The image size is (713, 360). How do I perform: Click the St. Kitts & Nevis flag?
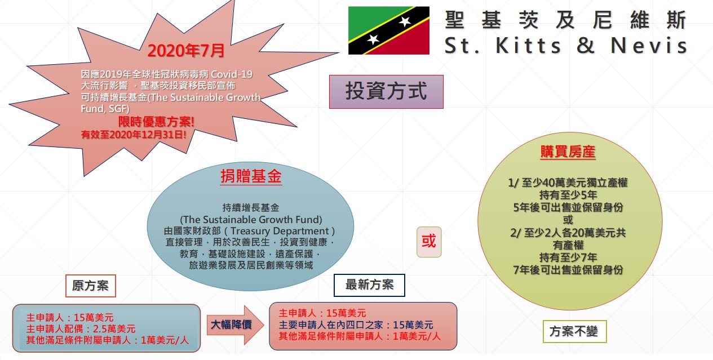tap(389, 30)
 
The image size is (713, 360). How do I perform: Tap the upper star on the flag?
tap(405, 21)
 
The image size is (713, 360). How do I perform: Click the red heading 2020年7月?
tap(186, 51)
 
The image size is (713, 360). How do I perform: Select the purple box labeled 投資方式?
tap(386, 92)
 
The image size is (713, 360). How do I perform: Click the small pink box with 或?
tap(429, 242)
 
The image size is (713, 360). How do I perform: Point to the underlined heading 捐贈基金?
tap(251, 176)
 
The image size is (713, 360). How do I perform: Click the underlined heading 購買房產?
tap(568, 152)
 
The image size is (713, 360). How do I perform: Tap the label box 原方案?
tap(91, 286)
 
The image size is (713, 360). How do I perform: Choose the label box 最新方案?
tap(369, 285)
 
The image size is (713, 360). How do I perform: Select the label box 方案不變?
tap(574, 331)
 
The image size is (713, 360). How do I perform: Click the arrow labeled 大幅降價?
tap(235, 325)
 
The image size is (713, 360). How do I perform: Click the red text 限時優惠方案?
tap(156, 122)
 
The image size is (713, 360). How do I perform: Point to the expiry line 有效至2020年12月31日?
tap(134, 135)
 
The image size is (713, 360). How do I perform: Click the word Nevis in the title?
tap(649, 46)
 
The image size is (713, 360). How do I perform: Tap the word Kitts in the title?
tap(528, 46)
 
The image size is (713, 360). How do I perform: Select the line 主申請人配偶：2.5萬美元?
tap(81, 329)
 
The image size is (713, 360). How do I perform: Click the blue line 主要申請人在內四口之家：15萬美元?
tap(356, 325)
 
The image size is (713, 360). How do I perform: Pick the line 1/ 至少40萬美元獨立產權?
tap(568, 183)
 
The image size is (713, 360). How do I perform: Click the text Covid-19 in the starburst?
tap(232, 74)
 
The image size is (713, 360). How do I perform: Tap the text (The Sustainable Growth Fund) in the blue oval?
tap(251, 219)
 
